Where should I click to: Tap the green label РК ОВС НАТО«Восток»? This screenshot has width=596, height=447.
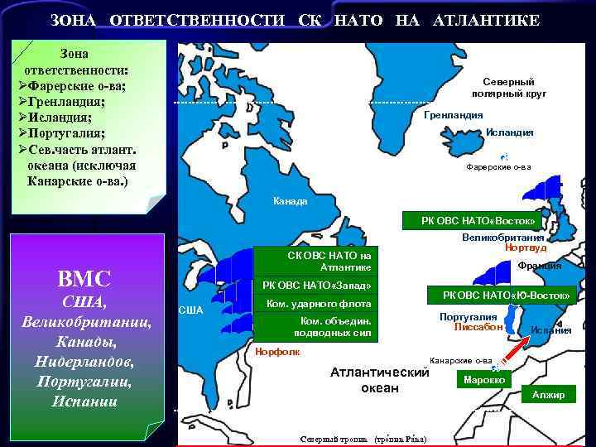pyautogui.click(x=471, y=220)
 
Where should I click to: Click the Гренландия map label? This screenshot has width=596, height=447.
pyautogui.click(x=453, y=115)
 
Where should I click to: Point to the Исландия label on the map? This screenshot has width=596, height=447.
pyautogui.click(x=509, y=132)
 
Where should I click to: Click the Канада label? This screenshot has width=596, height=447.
pyautogui.click(x=290, y=201)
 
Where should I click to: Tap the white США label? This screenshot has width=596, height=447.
pyautogui.click(x=191, y=310)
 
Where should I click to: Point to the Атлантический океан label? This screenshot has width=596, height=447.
pyautogui.click(x=379, y=380)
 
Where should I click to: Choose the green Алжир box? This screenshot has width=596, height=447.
pyautogui.click(x=549, y=395)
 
